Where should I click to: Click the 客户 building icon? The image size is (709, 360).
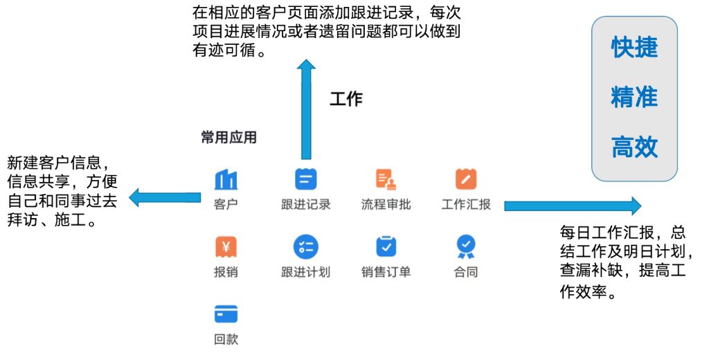coord(226,179)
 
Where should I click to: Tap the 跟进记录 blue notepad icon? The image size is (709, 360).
coord(305,179)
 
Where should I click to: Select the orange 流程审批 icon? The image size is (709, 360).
coord(386,179)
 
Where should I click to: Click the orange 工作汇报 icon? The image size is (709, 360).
coord(466,179)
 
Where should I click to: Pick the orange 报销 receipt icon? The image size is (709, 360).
coord(226,246)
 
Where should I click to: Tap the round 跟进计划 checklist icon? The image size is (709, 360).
coord(305,246)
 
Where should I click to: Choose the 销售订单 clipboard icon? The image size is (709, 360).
coord(386,246)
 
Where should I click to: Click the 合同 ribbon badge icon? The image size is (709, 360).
coord(466,246)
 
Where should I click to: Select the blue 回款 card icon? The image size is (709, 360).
coord(226,314)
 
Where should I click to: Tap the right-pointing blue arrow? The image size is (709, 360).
coord(572,206)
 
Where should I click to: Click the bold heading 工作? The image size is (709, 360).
coord(346,99)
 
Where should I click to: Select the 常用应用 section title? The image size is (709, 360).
coord(228,137)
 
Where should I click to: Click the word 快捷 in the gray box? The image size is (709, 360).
coord(634,48)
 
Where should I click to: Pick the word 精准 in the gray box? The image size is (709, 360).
coord(634,98)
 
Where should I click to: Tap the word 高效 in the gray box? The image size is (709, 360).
coord(634,147)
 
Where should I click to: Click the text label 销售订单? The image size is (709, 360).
coord(386,272)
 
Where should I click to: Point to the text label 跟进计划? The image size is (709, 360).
coord(305,272)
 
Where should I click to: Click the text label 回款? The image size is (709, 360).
coord(226,340)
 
